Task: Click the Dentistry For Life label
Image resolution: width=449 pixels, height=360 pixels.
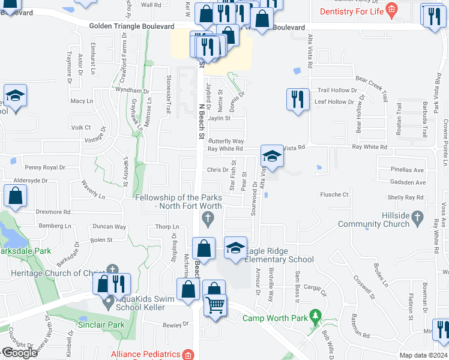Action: pyautogui.click(x=352, y=11)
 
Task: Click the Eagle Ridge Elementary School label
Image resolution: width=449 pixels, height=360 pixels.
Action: pyautogui.click(x=278, y=255)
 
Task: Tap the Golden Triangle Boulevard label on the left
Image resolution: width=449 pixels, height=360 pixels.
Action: pyautogui.click(x=131, y=26)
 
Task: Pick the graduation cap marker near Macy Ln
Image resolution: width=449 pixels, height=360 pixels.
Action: pyautogui.click(x=14, y=97)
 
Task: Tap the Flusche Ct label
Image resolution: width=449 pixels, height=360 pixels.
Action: pyautogui.click(x=334, y=194)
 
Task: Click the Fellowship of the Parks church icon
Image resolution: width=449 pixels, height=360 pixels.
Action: pyautogui.click(x=208, y=221)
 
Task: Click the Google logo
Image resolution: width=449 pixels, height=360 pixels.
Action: pyautogui.click(x=19, y=353)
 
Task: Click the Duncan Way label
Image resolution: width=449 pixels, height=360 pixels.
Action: pyautogui.click(x=110, y=227)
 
